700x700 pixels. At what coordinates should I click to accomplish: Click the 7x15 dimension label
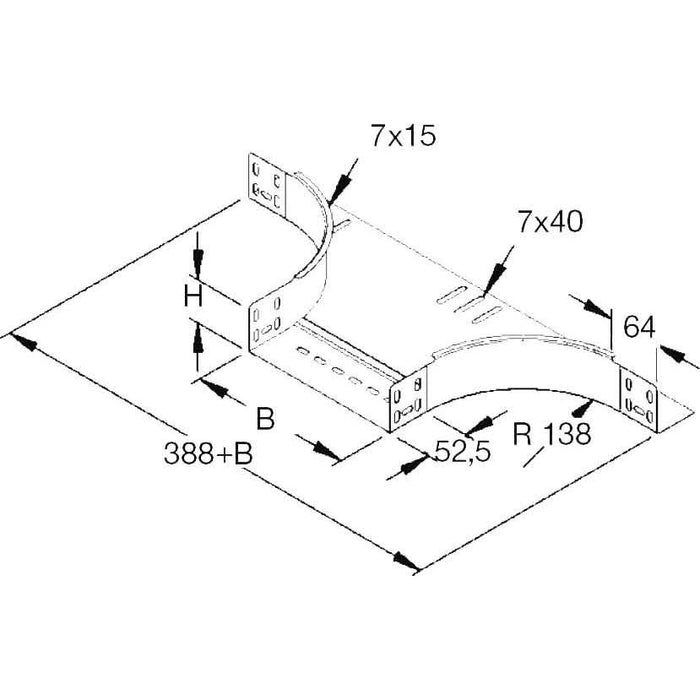[x=403, y=138]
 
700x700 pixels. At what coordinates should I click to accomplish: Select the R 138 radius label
[x=553, y=433]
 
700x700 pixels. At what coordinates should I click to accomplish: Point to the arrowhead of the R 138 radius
[x=585, y=404]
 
